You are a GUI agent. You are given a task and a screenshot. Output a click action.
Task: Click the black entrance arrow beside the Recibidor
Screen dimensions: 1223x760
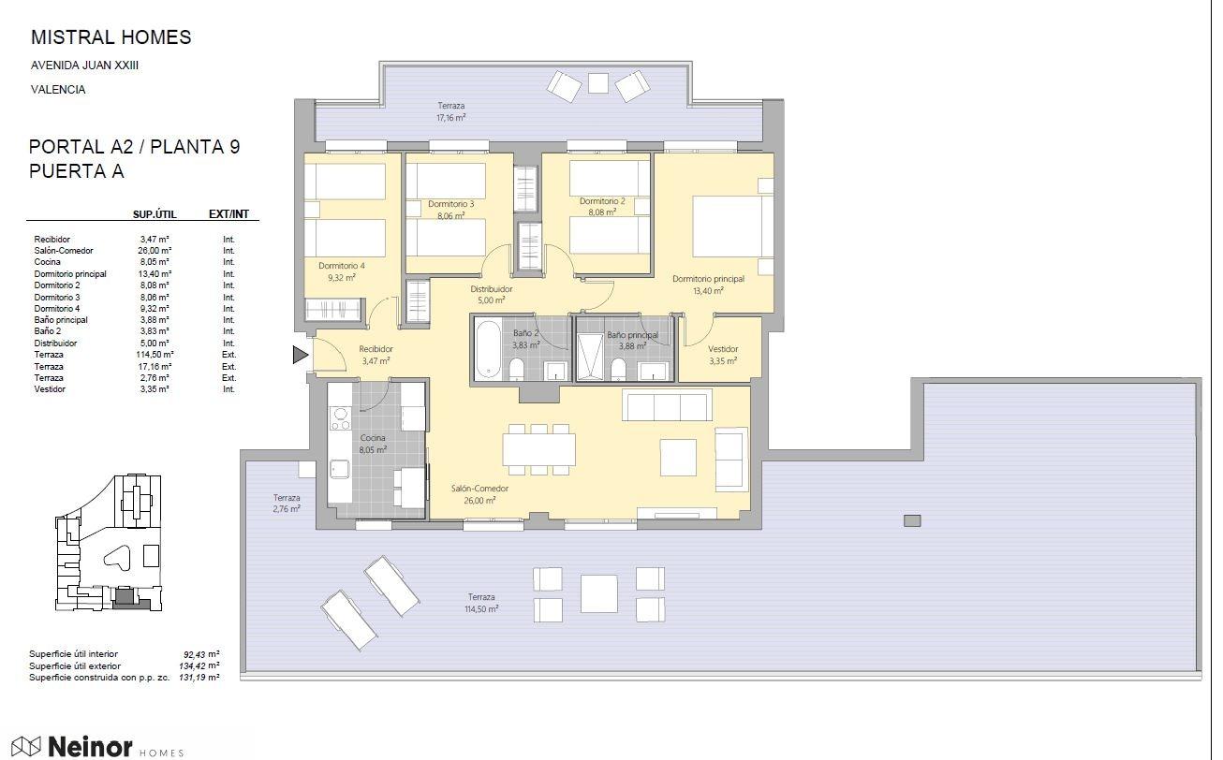tap(300, 355)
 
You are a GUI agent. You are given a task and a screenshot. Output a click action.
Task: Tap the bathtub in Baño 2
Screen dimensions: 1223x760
tap(488, 349)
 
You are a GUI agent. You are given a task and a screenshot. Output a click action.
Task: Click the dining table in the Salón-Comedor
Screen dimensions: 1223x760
tap(538, 449)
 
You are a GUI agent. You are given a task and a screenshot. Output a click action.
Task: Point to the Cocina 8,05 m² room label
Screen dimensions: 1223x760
tap(373, 444)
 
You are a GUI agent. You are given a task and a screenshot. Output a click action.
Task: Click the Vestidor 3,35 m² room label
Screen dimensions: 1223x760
tap(723, 355)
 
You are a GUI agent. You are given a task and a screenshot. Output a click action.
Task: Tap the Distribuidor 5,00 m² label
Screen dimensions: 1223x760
tap(492, 295)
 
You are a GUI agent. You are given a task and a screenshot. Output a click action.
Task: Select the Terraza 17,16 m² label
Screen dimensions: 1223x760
tap(451, 111)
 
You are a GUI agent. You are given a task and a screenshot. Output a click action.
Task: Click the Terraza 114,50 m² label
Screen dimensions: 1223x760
tap(481, 603)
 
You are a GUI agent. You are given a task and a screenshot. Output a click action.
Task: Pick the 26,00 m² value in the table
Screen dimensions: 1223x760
tap(155, 251)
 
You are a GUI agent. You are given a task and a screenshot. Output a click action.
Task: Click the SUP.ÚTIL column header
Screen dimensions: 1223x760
tap(155, 214)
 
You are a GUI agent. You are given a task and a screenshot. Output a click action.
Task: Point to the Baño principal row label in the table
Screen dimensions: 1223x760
tap(61, 320)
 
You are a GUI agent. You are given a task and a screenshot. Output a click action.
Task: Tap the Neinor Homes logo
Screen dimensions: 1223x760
tap(98, 746)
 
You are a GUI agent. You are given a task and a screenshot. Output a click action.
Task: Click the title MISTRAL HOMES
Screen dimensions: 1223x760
tap(111, 37)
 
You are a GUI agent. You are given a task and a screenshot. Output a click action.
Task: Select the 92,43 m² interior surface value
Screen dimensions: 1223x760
tap(201, 653)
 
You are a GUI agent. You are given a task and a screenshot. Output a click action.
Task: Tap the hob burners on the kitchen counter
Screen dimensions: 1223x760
tap(340, 419)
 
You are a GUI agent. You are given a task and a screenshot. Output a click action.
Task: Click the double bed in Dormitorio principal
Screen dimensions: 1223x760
tap(732, 226)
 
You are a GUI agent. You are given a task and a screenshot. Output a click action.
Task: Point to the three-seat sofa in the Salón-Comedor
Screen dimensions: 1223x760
tap(667, 405)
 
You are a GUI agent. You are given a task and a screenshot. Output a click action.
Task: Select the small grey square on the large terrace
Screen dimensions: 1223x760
tap(912, 520)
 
